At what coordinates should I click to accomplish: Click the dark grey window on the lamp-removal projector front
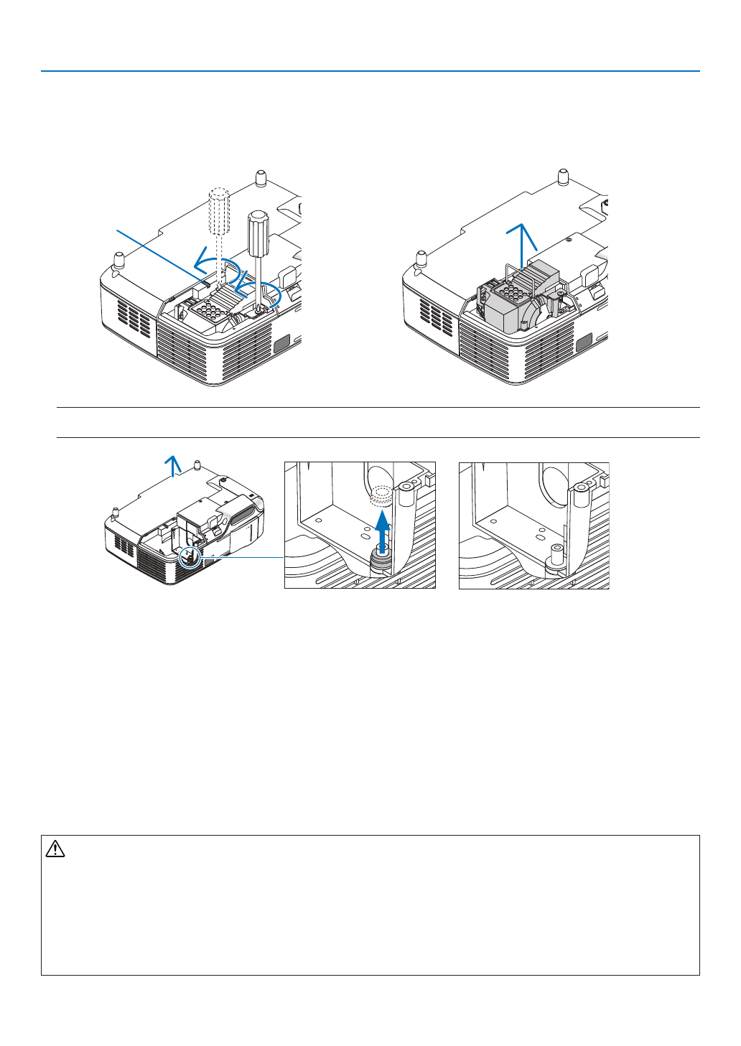583,343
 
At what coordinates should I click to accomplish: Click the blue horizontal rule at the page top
370,71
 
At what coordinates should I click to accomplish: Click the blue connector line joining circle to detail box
241,556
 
